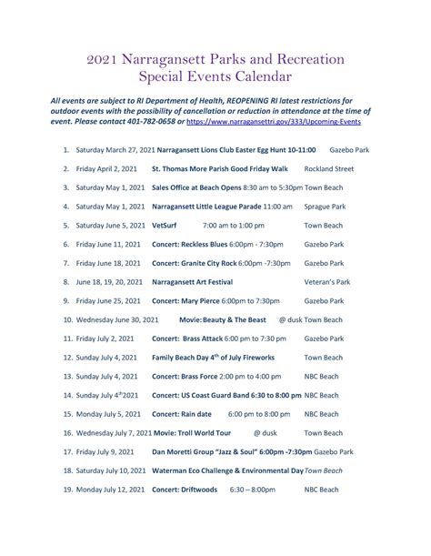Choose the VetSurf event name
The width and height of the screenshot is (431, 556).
click(x=165, y=224)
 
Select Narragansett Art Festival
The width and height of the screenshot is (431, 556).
click(x=194, y=282)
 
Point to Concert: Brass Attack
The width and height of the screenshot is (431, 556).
click(x=185, y=339)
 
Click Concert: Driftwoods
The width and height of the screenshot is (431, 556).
click(x=185, y=490)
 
